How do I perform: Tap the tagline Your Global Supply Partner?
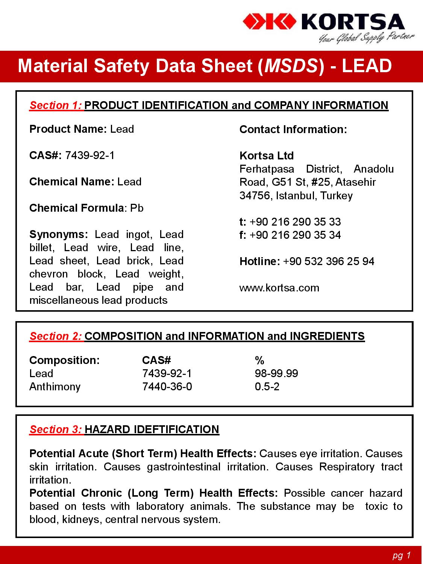click(366, 38)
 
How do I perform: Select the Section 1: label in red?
click(56, 105)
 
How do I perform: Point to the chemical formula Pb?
click(137, 208)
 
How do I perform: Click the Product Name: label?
click(68, 129)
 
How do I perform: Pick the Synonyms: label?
click(59, 234)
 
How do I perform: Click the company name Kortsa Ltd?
click(267, 156)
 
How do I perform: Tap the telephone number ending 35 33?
click(295, 221)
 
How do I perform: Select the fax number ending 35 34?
click(295, 235)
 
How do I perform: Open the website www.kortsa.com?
click(279, 288)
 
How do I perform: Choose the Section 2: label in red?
click(56, 336)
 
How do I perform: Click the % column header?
click(259, 360)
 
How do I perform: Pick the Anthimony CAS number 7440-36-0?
click(167, 387)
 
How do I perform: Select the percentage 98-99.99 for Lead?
click(276, 373)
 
